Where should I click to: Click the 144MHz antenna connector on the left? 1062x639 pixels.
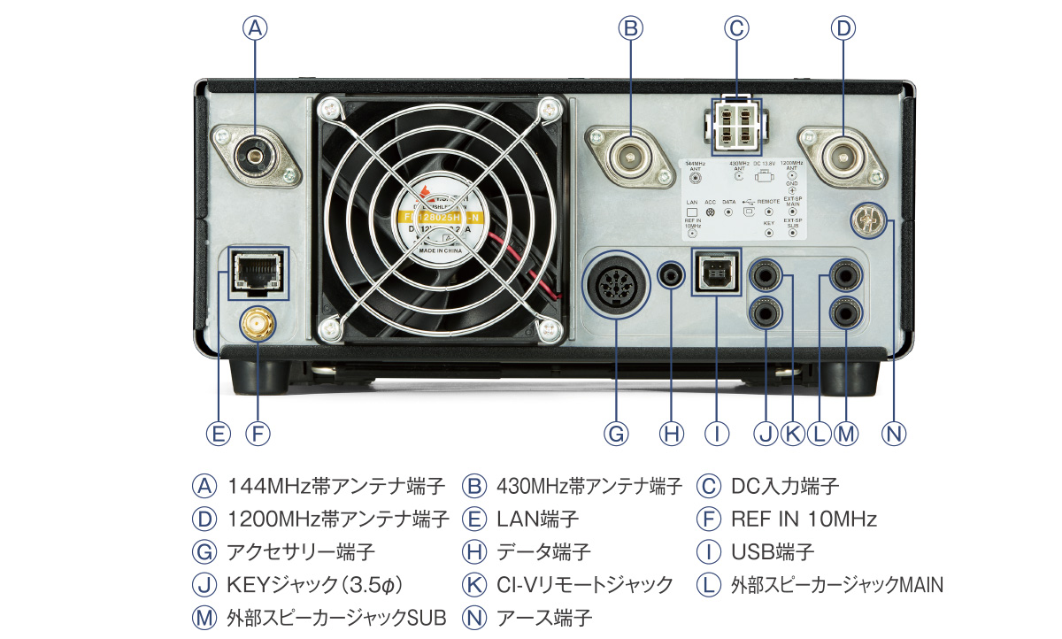255,158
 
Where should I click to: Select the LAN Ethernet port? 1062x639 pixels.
255,269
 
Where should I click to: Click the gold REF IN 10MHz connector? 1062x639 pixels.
255,327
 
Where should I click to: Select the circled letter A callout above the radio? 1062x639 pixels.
255,28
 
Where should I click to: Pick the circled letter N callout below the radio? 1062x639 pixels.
895,434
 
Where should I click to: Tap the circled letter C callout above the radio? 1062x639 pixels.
735,28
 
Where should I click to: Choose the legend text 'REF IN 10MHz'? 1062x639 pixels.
804,519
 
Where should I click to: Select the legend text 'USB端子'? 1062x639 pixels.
772,551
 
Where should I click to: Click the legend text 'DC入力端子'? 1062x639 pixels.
785,486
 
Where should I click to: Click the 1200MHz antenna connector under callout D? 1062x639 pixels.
843,158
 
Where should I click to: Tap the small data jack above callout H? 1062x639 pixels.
672,274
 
